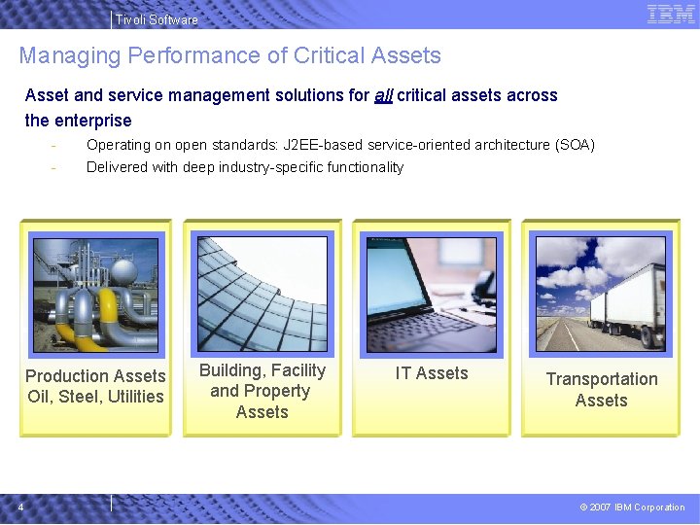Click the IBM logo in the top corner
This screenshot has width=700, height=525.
[x=671, y=15]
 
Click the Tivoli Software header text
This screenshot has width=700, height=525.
[x=156, y=19]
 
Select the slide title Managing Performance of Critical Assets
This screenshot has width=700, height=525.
[x=229, y=56]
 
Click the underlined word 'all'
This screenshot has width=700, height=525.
[x=383, y=95]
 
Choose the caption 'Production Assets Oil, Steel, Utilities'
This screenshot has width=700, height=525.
[x=95, y=386]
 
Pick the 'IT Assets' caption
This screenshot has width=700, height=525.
[x=431, y=373]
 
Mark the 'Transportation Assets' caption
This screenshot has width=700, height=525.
[x=601, y=389]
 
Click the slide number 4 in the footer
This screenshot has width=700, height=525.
[x=21, y=506]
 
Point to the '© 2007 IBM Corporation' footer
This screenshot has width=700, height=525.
[x=632, y=507]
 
